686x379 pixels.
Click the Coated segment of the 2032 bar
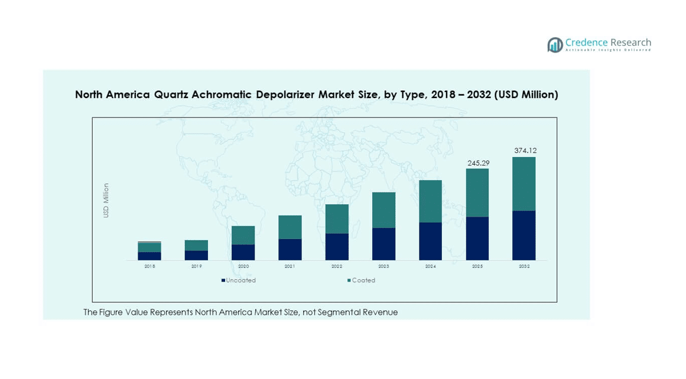[x=524, y=184]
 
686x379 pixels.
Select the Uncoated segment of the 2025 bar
[x=477, y=238]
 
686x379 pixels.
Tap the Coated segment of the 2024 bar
[x=430, y=201]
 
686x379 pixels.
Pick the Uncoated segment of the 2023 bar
[x=383, y=244]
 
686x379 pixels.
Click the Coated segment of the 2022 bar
[x=337, y=219]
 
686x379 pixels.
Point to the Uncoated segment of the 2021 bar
[x=290, y=249]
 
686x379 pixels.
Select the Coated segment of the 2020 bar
[x=243, y=235]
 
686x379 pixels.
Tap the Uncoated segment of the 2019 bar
[x=196, y=255]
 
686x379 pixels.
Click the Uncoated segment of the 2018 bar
[x=149, y=256]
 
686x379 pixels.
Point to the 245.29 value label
[x=477, y=163]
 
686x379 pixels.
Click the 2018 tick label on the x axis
[x=149, y=266]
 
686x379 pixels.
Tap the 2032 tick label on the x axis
[x=524, y=266]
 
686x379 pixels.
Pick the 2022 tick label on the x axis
[x=337, y=266]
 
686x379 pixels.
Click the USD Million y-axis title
[x=106, y=201]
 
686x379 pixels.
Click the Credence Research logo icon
[x=555, y=45]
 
